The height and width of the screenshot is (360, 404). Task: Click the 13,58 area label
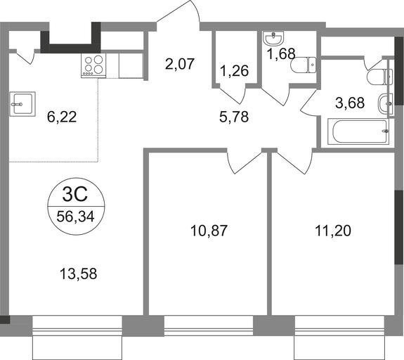tap(78, 274)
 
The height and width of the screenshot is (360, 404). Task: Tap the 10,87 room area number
tap(209, 231)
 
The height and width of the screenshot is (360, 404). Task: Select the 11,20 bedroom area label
tap(333, 231)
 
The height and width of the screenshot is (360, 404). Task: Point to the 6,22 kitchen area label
tap(62, 117)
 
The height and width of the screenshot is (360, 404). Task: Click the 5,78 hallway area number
tap(234, 117)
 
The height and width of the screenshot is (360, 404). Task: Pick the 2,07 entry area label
tap(179, 64)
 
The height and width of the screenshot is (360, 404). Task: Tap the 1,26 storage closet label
tap(235, 70)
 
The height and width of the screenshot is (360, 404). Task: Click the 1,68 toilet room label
tap(281, 53)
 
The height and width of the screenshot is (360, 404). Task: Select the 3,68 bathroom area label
tap(350, 103)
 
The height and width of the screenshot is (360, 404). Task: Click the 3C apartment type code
tap(75, 195)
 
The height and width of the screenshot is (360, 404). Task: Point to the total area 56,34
tap(75, 216)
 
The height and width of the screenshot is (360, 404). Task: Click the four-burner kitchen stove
tap(93, 65)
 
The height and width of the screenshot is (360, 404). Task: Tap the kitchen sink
tap(22, 104)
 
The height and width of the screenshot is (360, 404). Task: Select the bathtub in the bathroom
tap(358, 131)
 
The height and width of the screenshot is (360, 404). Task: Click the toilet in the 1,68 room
tap(303, 65)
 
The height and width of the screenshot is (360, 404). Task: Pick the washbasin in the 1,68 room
tap(273, 38)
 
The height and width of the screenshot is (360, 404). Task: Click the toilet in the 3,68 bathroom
tap(380, 77)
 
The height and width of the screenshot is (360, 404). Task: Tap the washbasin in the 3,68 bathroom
tap(386, 104)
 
